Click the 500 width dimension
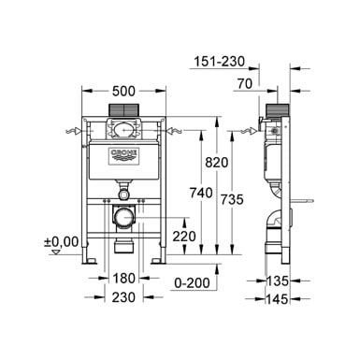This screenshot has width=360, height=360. (x=123, y=91)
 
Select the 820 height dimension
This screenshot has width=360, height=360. (x=217, y=162)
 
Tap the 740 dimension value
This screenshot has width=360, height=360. (x=201, y=193)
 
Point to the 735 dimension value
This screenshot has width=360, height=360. (x=232, y=199)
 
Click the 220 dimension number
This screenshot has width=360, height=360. (x=184, y=237)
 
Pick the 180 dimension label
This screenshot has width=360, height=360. (x=123, y=279)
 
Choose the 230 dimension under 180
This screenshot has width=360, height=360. (x=123, y=297)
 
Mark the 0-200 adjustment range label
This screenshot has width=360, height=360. (x=192, y=283)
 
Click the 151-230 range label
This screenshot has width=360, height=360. (x=220, y=62)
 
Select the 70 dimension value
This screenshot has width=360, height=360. (x=245, y=83)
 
